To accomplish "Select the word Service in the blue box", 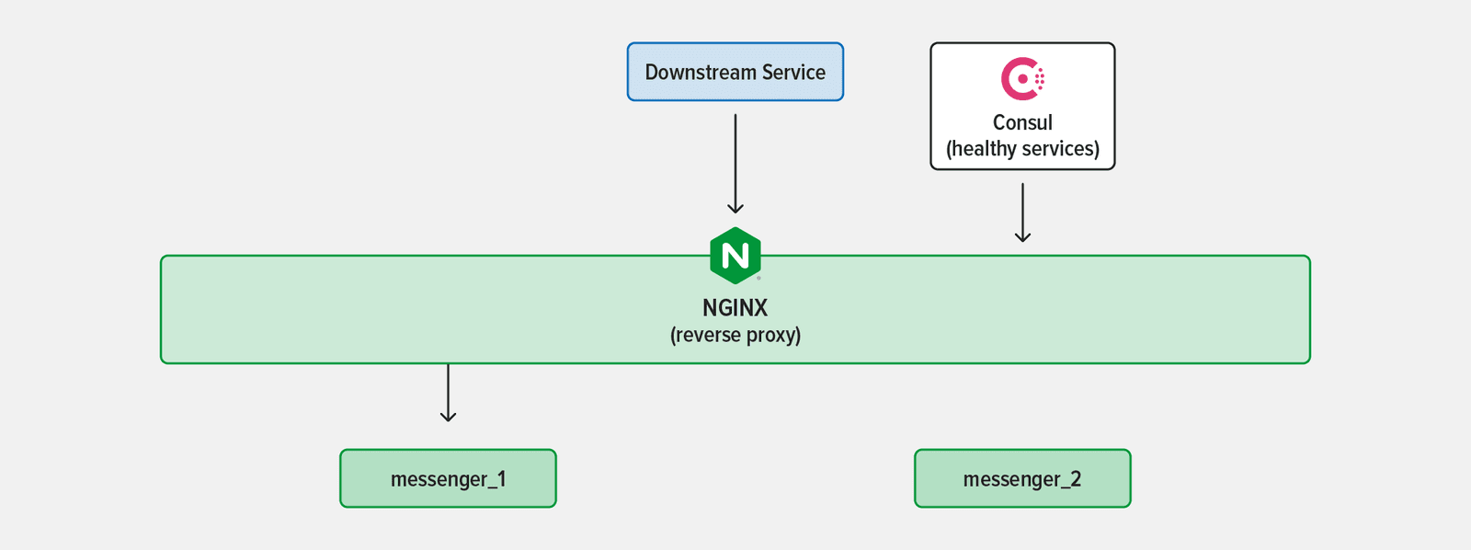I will tap(793, 73).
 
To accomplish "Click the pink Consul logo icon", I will tap(1022, 79).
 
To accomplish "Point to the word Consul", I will tap(1022, 122).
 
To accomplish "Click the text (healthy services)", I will tap(1022, 149).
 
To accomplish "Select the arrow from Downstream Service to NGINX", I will tap(735, 161).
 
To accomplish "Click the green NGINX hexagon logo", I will tap(735, 255).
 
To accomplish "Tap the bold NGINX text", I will tap(735, 308).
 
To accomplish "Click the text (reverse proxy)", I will tap(735, 335).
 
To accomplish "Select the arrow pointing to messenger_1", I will tap(448, 391).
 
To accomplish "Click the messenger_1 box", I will tap(448, 478).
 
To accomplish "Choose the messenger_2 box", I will tap(1022, 478).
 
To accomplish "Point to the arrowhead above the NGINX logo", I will tap(735, 209).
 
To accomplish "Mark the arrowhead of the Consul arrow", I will tap(1022, 237).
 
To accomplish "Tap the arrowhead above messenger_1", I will tap(448, 417).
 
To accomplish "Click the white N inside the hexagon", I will tap(735, 256).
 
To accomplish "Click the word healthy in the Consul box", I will tap(983, 149).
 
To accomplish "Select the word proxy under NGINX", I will tap(773, 335).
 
